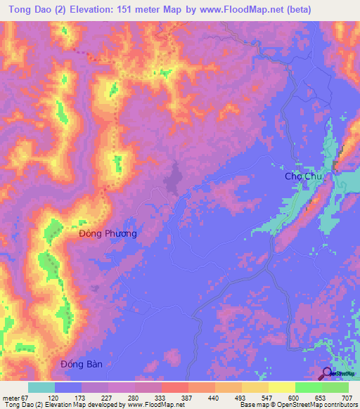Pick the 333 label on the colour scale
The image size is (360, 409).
pos(162,397)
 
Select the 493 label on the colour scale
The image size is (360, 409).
pos(243,397)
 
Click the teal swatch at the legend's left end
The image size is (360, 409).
pos(41,387)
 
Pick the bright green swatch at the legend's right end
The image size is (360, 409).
pos(335,387)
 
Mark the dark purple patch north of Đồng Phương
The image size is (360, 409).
pos(172,178)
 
